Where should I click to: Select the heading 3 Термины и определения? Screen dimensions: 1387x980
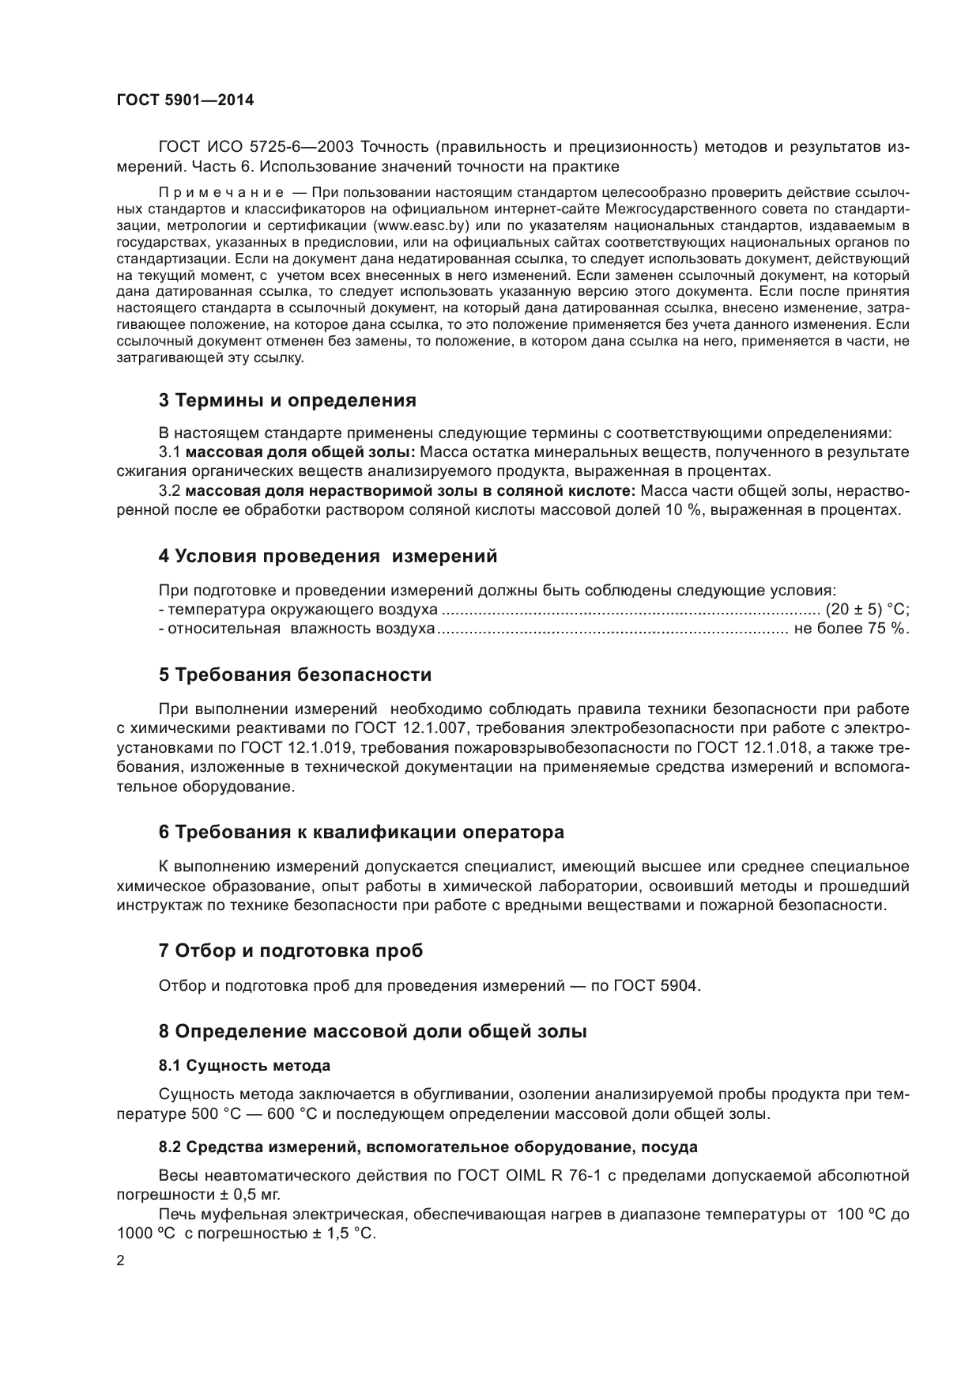[x=288, y=400]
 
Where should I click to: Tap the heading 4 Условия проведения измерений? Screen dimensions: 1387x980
[x=328, y=556]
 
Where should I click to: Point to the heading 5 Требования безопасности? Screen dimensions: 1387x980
[x=296, y=675]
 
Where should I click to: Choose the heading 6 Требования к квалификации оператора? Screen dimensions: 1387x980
[x=362, y=832]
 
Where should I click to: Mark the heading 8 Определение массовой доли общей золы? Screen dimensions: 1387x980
[x=373, y=1031]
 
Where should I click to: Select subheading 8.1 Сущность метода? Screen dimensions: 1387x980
[x=244, y=1066]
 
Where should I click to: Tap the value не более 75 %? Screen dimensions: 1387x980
[x=851, y=629]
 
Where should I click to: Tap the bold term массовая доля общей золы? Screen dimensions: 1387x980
[x=300, y=452]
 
